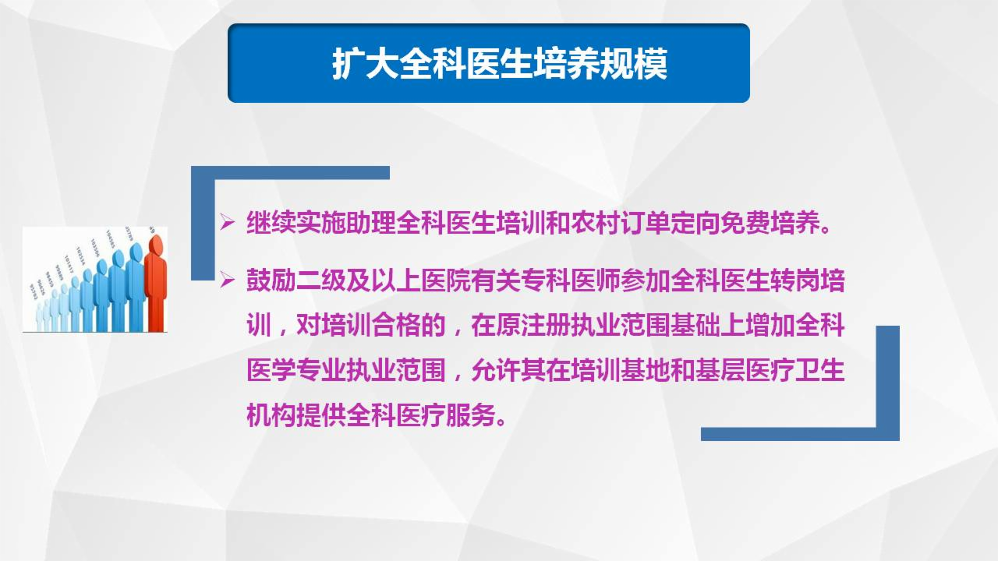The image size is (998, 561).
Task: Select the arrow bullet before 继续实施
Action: point(228,224)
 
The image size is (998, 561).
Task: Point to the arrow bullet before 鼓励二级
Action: point(228,280)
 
